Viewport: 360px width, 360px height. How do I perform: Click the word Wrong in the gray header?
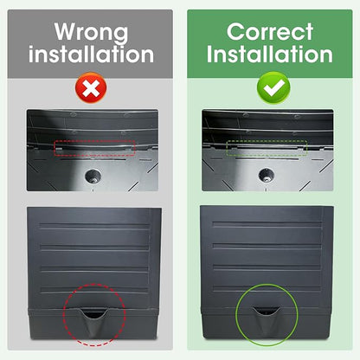point(91,32)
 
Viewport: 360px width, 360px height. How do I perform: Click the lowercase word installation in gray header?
point(91,55)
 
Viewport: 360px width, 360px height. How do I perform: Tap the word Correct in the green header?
point(270,32)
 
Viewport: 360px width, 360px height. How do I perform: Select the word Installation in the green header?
point(270,55)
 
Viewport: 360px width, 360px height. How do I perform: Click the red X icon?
point(91,87)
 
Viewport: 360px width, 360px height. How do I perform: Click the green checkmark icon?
point(273,87)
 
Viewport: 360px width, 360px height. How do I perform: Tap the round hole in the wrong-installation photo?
point(93,176)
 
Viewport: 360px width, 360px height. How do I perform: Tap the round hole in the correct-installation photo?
point(267,175)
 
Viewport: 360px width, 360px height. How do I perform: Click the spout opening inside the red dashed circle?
point(93,313)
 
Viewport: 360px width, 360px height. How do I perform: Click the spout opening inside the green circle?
point(266,311)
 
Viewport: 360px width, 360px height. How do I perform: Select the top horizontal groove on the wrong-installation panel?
point(94,226)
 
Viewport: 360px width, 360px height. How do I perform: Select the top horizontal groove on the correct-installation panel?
point(267,224)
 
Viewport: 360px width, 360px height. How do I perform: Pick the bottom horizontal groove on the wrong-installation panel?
point(94,290)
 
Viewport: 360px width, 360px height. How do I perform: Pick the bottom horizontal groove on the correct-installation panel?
point(267,288)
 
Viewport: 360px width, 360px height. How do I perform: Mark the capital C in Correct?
point(235,32)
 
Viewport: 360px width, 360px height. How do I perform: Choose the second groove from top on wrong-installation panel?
point(94,247)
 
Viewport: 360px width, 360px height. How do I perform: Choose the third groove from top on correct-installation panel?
point(267,267)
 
